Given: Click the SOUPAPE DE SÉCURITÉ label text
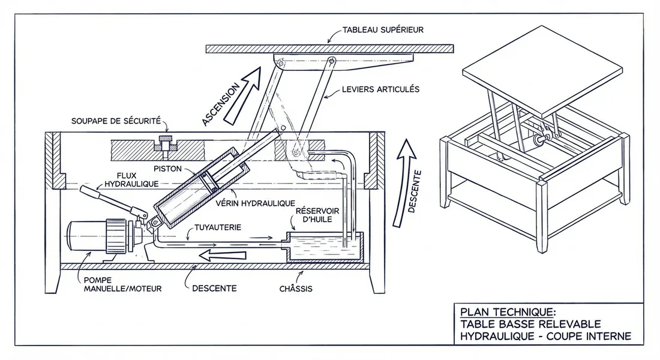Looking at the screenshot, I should point(116,121).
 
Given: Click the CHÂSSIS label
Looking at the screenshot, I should point(296,289).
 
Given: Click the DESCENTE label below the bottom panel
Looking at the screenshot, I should point(214,288).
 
